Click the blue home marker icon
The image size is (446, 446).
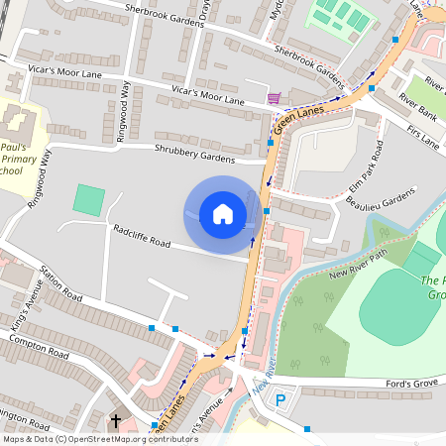coord(223,214)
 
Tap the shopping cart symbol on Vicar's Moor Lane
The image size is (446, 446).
coord(274,98)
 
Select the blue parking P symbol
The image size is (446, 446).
coord(281,401)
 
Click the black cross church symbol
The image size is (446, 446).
coord(115,422)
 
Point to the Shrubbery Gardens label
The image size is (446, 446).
coord(195,153)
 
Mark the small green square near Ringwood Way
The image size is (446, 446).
coord(88,200)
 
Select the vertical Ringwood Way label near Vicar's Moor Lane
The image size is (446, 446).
coord(124,111)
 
